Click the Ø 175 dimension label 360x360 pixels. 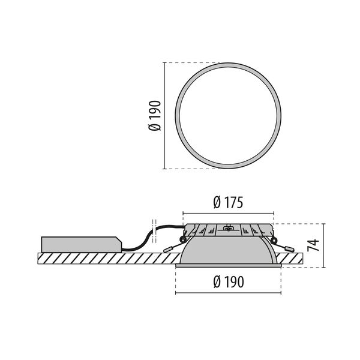tap(228, 203)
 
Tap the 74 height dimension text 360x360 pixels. tap(312, 245)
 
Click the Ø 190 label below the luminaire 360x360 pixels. tap(228, 282)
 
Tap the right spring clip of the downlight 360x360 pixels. tap(284, 244)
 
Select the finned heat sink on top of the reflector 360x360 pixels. tap(228, 230)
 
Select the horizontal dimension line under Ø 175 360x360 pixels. tap(228, 212)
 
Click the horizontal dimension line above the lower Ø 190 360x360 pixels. tap(228, 293)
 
